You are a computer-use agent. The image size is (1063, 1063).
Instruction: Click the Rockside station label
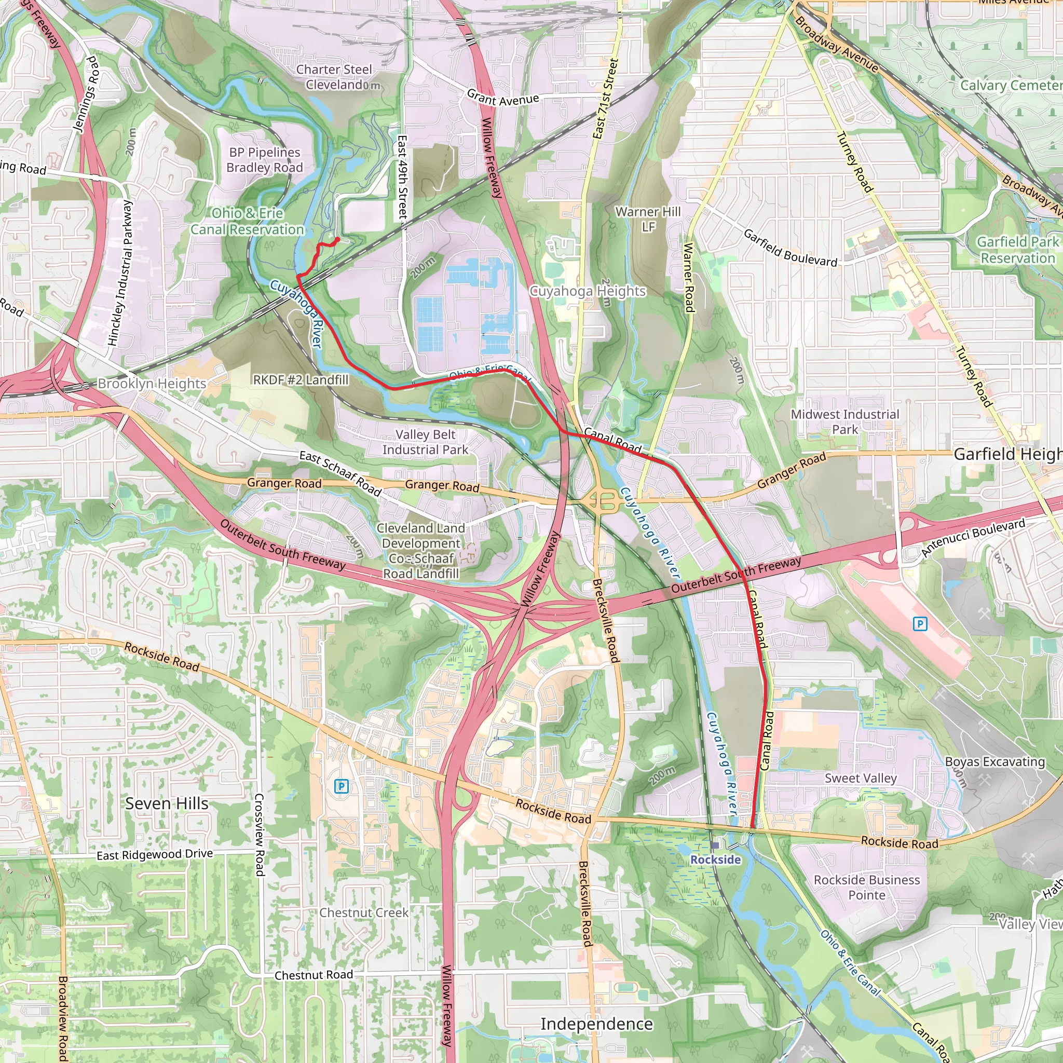coord(715,860)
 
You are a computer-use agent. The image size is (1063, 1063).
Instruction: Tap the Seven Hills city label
coord(167,803)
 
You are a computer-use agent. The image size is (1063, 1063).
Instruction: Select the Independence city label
coord(596,1024)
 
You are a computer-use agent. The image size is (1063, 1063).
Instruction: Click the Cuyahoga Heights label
coord(587,291)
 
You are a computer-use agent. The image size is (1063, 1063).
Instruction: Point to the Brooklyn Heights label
coord(152,384)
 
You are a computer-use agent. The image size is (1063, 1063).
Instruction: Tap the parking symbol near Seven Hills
coord(341,786)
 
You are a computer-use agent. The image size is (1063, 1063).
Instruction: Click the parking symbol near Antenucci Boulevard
coord(920,624)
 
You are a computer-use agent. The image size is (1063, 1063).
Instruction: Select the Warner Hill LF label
coord(648,219)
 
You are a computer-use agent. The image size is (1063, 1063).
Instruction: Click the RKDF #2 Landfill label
coord(301,379)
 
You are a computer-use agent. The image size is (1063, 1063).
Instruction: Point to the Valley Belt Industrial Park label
coord(425,442)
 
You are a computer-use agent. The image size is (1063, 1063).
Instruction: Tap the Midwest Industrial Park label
coord(845,421)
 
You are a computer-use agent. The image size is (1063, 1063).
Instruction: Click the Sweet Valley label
coord(861,778)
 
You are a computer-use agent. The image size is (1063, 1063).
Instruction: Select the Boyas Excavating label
coord(995,761)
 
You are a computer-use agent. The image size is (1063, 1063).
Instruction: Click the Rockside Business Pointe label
coord(867,888)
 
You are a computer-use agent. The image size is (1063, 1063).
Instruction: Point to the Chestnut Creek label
coord(364,913)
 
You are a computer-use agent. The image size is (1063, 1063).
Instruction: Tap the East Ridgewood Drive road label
coord(155,854)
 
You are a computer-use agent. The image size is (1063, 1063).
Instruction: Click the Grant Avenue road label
coord(503,99)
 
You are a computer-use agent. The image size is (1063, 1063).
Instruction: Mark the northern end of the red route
coord(337,239)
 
